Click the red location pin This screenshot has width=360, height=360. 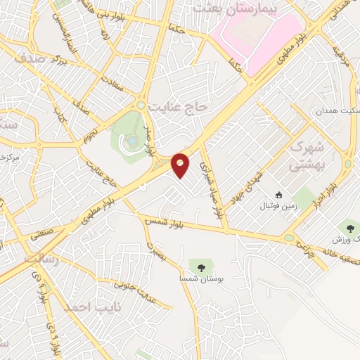181,165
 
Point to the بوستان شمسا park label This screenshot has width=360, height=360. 202,280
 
